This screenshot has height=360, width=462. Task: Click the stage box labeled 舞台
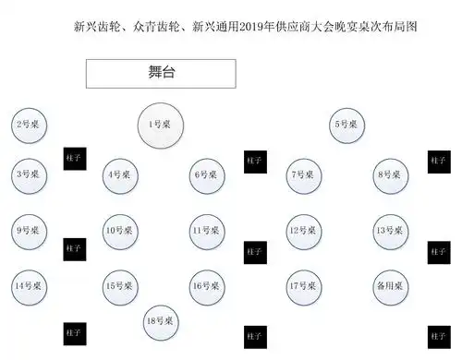point(161,72)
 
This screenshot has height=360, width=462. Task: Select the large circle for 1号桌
point(160,124)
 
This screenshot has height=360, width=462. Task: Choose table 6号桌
point(208,174)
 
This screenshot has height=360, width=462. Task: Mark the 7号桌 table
point(305,174)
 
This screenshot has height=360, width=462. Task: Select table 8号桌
point(391,174)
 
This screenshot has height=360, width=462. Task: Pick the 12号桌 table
point(305,231)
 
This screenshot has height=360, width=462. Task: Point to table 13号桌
point(391,231)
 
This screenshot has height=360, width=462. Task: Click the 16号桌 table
point(208,286)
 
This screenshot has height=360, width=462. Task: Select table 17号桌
point(305,286)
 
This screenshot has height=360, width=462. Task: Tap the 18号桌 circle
point(163,320)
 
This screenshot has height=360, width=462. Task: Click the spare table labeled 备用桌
point(391,286)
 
